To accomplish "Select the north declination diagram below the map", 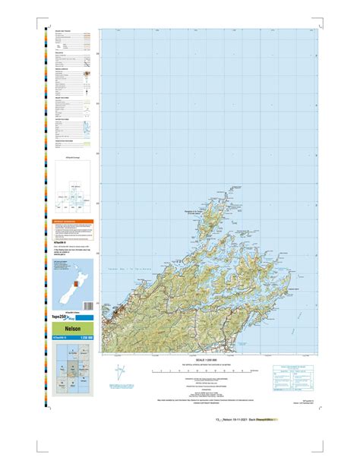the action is [x=116, y=372].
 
